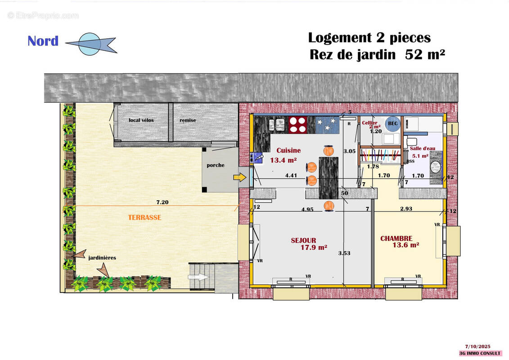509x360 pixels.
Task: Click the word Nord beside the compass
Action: (43, 41)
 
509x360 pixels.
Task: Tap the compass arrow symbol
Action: (90, 44)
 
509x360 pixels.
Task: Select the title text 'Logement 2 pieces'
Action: (369, 37)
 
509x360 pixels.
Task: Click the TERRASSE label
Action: (144, 217)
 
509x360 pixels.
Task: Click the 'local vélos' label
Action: (141, 121)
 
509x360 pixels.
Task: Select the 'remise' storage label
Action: (188, 121)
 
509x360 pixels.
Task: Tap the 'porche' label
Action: (216, 165)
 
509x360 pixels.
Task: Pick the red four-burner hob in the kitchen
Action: (297, 125)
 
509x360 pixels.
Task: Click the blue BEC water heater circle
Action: (392, 125)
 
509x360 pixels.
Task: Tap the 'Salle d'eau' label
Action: (422, 148)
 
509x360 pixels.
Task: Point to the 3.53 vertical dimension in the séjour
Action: (344, 253)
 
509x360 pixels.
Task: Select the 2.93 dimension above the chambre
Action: (406, 209)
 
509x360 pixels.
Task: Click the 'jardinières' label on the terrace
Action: (102, 258)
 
